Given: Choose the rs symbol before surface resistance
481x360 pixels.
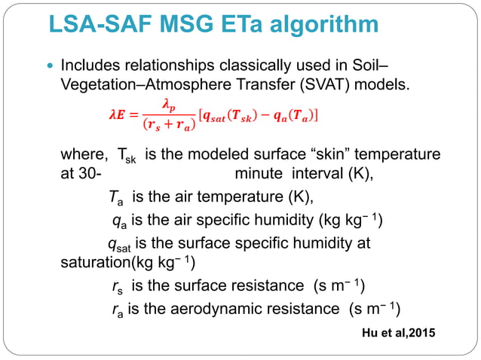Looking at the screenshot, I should coord(115,287).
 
